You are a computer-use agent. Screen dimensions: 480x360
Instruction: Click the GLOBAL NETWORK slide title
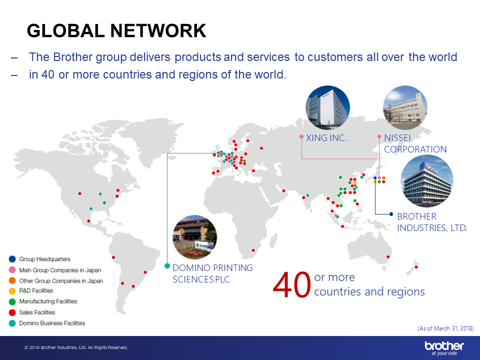[116, 30]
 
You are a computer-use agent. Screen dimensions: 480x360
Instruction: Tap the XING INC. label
[326, 138]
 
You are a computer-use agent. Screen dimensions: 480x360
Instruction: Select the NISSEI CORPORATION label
[415, 143]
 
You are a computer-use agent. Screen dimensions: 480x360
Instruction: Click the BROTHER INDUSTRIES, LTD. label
[431, 222]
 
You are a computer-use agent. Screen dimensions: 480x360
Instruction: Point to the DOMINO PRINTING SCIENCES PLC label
[212, 273]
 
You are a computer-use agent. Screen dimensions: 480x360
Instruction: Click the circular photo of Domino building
[194, 237]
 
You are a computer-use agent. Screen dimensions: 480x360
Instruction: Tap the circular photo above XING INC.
[327, 108]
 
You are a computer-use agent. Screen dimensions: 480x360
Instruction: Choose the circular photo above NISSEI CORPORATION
[405, 108]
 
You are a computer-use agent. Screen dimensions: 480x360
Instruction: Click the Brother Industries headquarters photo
[427, 181]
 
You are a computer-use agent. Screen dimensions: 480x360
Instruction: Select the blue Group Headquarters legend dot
[12, 259]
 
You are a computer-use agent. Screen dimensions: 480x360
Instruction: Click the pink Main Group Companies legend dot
[12, 270]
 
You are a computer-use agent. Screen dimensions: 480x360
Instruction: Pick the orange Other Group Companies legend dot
[12, 280]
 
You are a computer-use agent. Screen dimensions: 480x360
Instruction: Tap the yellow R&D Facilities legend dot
[12, 291]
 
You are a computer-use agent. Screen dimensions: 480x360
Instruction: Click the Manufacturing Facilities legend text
[48, 301]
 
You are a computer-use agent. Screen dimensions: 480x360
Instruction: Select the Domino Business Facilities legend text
[52, 323]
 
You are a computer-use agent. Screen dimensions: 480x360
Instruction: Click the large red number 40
[291, 285]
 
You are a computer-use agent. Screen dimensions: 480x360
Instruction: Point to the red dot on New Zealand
[416, 267]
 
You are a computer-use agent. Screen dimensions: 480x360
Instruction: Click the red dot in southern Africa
[253, 250]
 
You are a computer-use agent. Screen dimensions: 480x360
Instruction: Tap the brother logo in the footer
[444, 348]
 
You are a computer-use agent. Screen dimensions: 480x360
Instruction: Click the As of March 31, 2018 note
[445, 328]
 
